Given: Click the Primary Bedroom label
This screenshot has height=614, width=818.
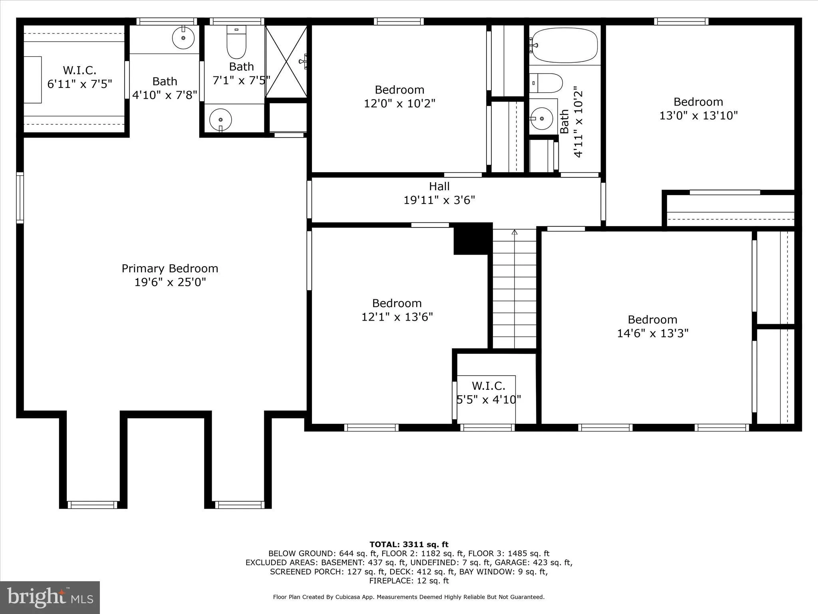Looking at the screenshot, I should (170, 268).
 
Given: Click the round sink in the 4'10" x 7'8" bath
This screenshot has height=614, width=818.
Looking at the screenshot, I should (183, 38).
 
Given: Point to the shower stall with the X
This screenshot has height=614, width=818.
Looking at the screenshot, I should (286, 61).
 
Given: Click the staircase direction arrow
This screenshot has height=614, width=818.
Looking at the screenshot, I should (514, 232).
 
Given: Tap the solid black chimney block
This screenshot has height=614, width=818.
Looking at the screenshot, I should (472, 239).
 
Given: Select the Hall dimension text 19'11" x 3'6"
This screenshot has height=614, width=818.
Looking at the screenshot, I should (439, 200).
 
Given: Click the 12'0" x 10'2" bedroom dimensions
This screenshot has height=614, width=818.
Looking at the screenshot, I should (399, 104).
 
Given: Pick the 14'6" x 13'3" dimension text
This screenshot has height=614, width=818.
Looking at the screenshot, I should (652, 333).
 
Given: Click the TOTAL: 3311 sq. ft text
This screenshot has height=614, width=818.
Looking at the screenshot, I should (409, 544).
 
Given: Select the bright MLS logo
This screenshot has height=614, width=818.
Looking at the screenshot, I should (50, 597).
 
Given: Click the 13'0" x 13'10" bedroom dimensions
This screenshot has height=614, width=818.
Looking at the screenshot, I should (698, 116).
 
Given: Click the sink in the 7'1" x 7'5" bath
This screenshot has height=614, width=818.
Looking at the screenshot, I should (220, 120).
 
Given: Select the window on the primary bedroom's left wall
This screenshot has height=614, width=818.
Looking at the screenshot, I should (20, 197).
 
